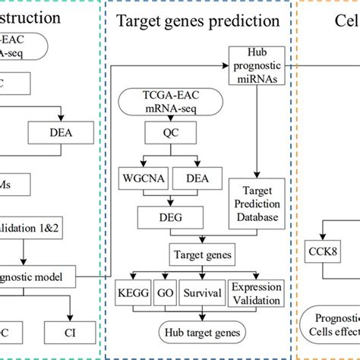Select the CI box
(70, 331)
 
